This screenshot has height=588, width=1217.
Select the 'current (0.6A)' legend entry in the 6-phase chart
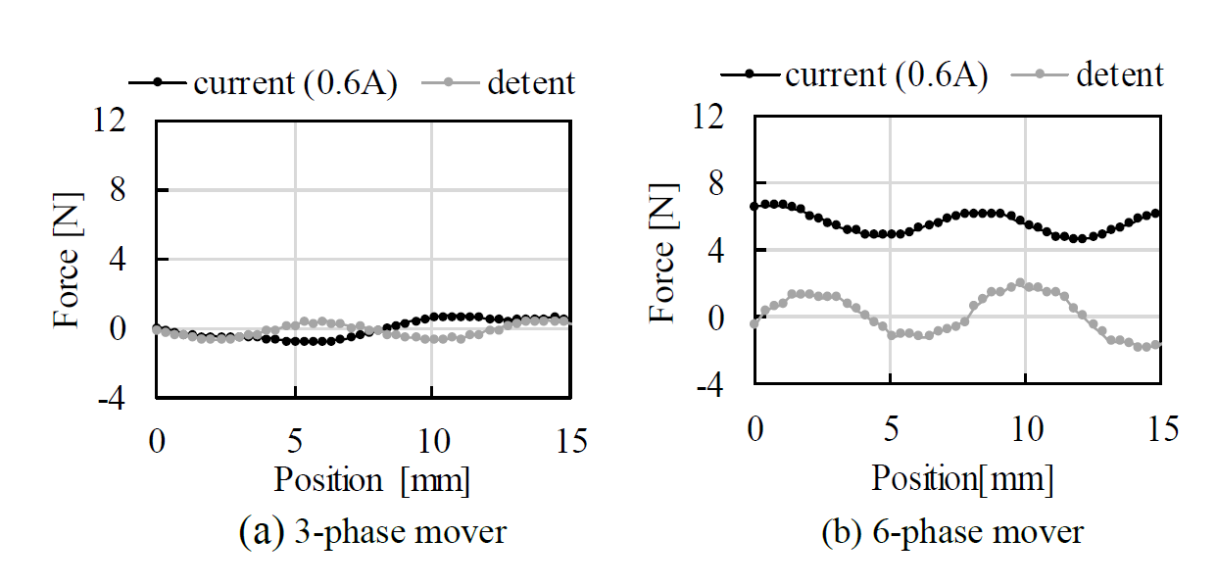886,74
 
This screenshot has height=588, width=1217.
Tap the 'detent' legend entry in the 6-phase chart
1120,74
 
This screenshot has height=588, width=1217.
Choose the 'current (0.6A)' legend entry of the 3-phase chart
295,83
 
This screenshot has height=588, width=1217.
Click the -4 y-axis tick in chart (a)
110,398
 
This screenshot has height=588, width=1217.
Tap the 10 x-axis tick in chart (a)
432,442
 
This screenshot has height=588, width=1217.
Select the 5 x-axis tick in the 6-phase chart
890,428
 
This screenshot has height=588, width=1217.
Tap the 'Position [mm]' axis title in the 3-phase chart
371,480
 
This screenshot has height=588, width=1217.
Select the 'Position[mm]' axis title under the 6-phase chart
962,479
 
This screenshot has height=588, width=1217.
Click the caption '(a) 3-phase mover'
372,532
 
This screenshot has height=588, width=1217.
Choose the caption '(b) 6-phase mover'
953,532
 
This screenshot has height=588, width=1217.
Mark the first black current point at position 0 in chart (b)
754,206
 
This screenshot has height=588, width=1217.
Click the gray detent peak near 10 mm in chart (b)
1020,282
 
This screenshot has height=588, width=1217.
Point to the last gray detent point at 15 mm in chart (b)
1157,344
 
